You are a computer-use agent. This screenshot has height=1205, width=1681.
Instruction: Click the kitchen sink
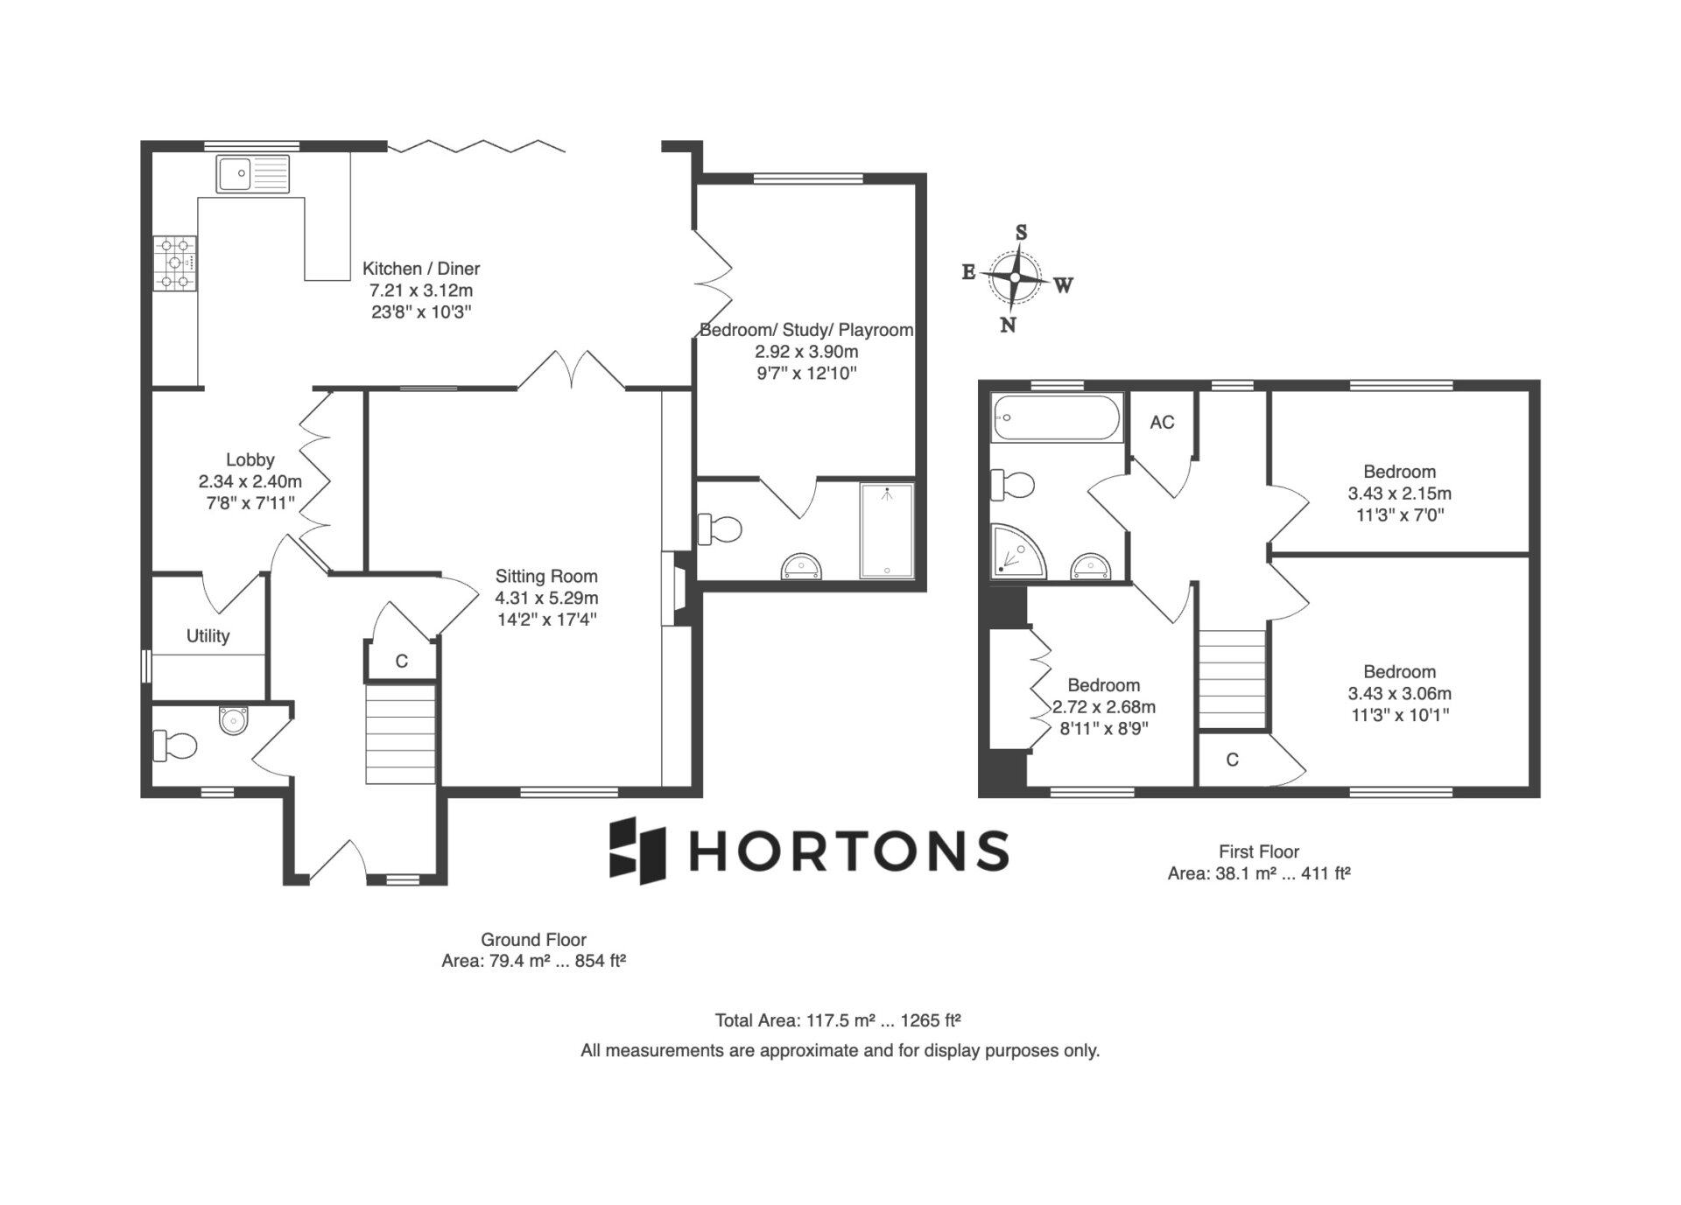tap(253, 174)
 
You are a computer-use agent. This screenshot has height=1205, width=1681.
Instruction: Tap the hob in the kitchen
tap(175, 263)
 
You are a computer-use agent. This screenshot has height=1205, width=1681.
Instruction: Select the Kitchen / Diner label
tap(421, 269)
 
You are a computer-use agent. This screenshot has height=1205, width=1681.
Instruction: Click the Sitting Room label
tap(546, 576)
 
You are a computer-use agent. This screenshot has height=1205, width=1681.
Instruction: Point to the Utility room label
tap(208, 636)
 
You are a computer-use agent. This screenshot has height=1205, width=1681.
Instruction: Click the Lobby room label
tap(250, 459)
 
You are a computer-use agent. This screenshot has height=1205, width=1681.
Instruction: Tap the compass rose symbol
tap(1016, 278)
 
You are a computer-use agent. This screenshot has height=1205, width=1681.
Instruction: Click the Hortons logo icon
tap(638, 851)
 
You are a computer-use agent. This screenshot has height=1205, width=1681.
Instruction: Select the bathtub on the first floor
tap(1057, 417)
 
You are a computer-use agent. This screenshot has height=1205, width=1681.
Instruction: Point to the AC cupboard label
tap(1162, 423)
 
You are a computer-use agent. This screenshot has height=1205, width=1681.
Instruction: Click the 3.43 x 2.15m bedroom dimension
tap(1399, 494)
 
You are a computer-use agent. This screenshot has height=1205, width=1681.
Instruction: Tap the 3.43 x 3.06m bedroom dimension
tap(1399, 694)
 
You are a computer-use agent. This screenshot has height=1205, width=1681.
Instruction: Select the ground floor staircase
tap(400, 734)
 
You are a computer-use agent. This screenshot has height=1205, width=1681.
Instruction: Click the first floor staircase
tap(1232, 678)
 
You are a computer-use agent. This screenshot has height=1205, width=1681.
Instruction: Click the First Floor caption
tap(1259, 851)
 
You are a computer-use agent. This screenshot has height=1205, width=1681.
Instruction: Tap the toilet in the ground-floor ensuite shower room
tap(720, 529)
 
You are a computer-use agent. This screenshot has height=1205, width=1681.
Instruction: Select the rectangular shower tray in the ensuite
tap(887, 530)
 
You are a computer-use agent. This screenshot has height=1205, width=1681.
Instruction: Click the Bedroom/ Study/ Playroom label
tap(806, 330)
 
